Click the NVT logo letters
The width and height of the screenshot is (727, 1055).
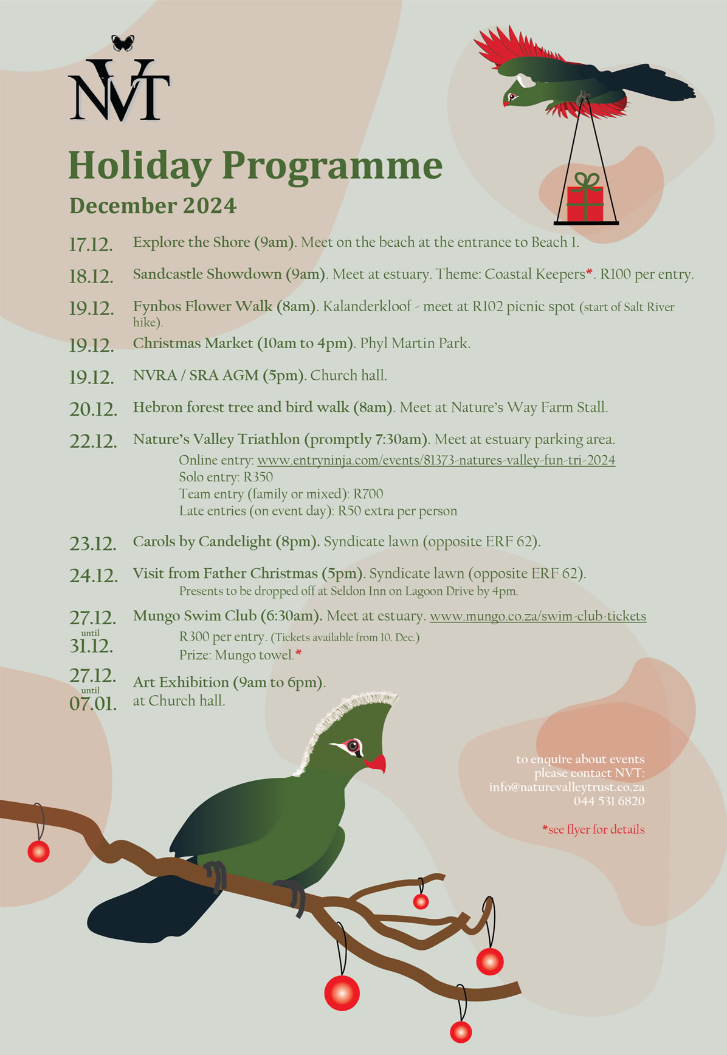click(x=119, y=91)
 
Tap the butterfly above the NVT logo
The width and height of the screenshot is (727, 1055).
click(x=123, y=43)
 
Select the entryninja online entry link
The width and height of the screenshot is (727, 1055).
click(x=436, y=460)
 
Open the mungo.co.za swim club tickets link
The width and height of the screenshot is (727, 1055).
click(x=537, y=616)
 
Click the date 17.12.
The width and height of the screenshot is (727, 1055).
click(x=91, y=244)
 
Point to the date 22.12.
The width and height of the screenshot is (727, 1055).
click(x=93, y=441)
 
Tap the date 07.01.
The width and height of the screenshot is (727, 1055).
click(x=93, y=704)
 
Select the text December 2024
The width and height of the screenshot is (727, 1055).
click(x=153, y=205)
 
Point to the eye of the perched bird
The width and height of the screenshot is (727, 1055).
click(x=353, y=746)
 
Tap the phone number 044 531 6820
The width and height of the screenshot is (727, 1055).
click(x=609, y=801)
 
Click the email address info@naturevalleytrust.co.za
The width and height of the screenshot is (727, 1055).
click(x=567, y=787)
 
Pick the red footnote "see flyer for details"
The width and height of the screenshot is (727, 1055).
click(x=594, y=830)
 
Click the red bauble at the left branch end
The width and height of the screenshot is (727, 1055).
click(x=38, y=851)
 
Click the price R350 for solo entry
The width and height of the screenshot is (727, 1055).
click(x=258, y=477)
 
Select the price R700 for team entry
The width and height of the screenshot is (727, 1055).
click(x=368, y=494)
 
